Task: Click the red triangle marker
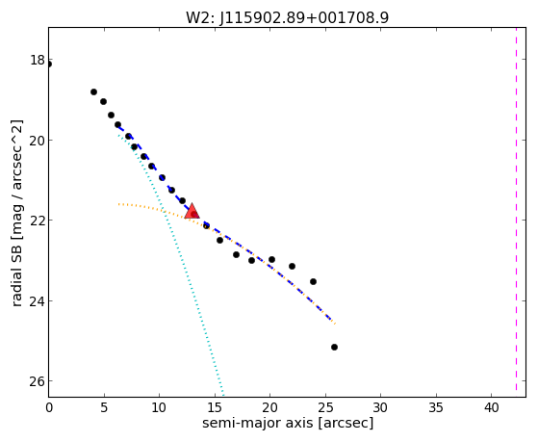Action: click(192, 211)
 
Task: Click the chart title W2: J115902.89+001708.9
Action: click(287, 18)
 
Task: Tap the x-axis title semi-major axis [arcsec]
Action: click(288, 423)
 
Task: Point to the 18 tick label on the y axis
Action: click(38, 60)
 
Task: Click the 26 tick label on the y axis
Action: click(38, 381)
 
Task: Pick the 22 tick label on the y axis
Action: click(38, 221)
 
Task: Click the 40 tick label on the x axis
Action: click(492, 408)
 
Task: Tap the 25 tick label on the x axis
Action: click(325, 408)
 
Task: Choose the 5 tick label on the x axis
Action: click(104, 408)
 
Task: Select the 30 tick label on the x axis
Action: click(380, 408)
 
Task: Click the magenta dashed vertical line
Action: click(516, 209)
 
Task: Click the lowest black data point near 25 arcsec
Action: click(334, 348)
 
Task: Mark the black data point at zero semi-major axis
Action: click(49, 65)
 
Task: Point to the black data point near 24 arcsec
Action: click(313, 281)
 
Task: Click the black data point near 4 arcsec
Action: click(93, 91)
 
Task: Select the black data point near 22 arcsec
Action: click(292, 266)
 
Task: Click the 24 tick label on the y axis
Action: click(38, 300)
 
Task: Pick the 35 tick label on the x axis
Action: click(436, 408)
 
